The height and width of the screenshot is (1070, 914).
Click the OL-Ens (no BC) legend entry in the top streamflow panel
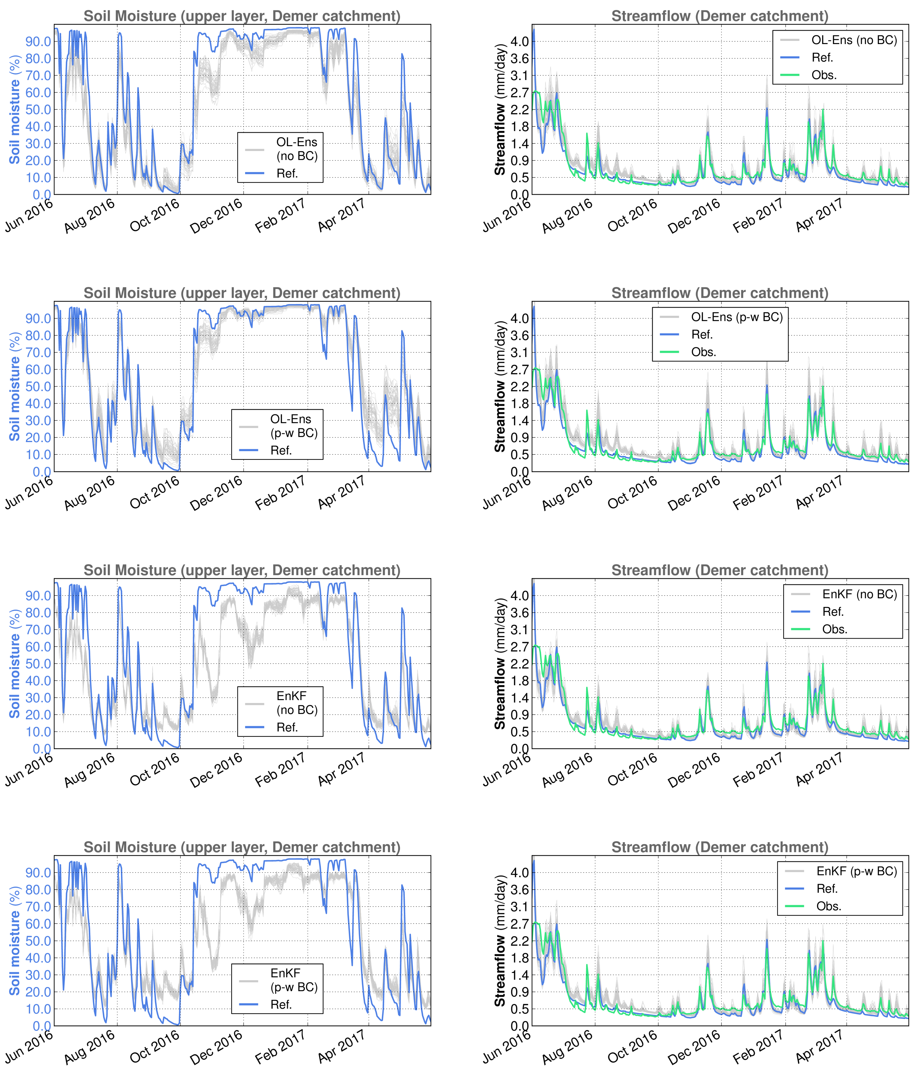(x=854, y=40)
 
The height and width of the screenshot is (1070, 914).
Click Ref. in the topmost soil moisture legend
(x=287, y=174)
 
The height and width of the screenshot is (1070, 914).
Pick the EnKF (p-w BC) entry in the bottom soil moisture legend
(x=293, y=980)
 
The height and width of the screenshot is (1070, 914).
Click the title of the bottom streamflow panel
(x=720, y=848)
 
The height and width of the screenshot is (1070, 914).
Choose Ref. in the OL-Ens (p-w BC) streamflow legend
(x=702, y=335)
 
